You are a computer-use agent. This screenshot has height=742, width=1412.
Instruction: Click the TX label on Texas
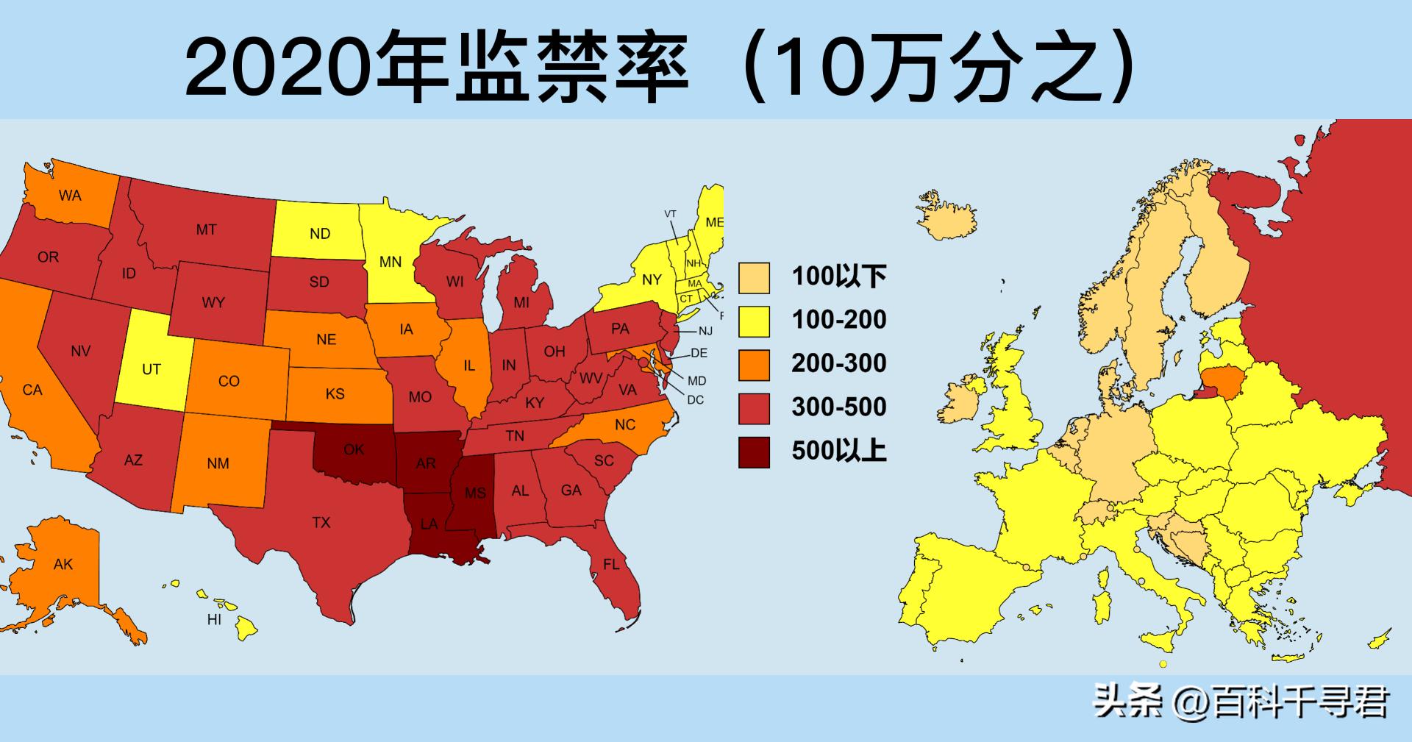pos(321,523)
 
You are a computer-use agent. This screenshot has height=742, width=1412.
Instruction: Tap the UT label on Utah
pos(151,369)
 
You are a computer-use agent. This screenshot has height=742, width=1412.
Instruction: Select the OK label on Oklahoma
pos(354,449)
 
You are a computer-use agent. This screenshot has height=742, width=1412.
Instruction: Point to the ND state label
pos(320,234)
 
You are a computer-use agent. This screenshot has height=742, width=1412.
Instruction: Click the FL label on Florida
pos(611,565)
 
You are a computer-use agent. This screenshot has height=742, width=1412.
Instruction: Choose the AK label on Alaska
pos(63,565)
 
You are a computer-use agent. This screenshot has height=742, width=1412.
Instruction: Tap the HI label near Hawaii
pos(214,619)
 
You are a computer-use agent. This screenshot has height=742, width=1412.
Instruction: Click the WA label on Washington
pos(71,196)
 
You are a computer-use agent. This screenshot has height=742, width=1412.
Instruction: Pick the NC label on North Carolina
pos(625,425)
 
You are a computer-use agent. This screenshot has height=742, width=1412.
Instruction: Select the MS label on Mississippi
pos(475,493)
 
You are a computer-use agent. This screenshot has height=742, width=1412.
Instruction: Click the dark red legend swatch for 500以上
pos(754,452)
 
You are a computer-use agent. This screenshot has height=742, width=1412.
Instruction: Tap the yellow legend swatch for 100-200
pos(754,321)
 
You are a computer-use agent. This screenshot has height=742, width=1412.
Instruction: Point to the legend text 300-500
pos(839,407)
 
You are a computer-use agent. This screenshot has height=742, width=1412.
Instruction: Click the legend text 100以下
pos(839,277)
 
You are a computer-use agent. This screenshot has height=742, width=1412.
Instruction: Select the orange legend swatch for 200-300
pos(754,364)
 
